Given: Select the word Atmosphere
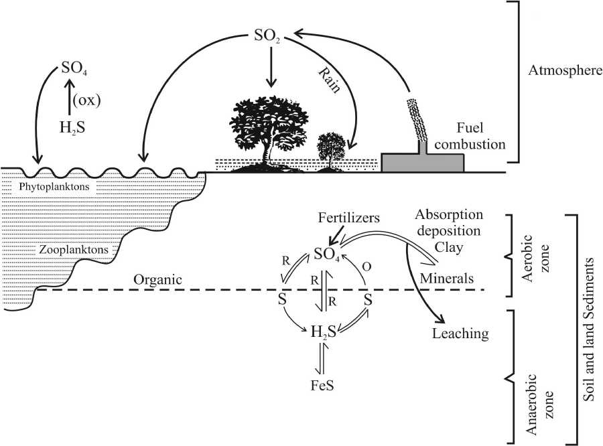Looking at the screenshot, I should tap(565, 71).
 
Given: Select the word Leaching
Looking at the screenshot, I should tap(460, 333).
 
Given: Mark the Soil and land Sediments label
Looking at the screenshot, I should tap(590, 329).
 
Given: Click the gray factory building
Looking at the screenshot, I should tap(423, 161).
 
